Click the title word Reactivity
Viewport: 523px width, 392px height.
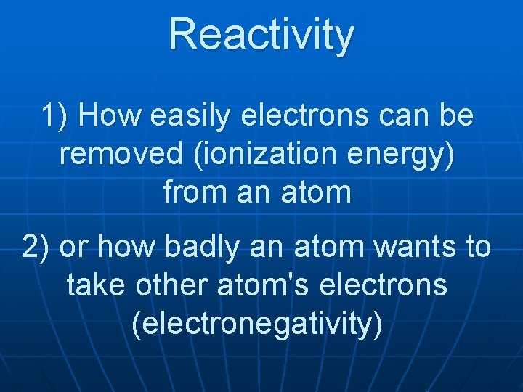[x=261, y=35]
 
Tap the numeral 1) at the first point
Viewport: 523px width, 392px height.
[x=56, y=115]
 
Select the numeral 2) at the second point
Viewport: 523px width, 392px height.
[x=36, y=247]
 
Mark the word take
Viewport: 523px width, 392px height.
[x=93, y=285]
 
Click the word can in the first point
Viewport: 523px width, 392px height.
[x=407, y=116]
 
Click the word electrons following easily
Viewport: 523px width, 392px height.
[x=310, y=116]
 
